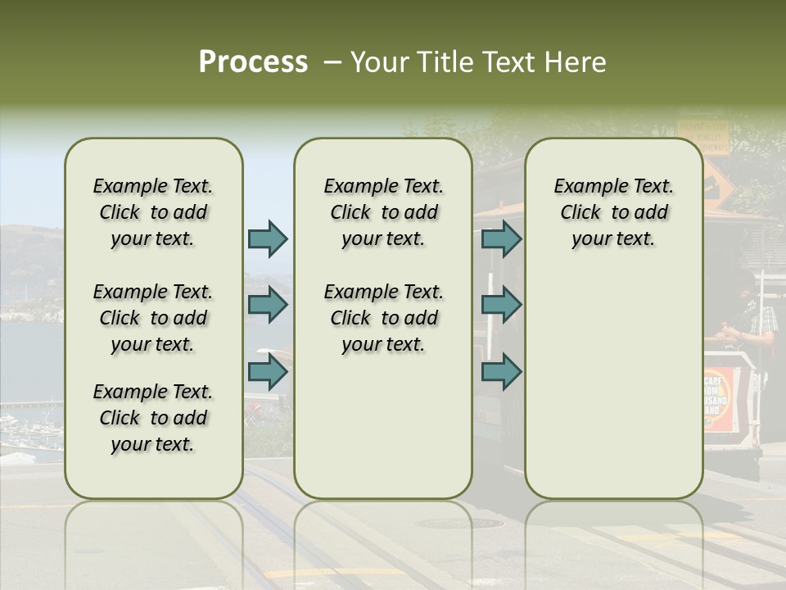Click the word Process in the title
253,62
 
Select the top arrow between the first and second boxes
268,239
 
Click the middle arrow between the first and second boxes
268,306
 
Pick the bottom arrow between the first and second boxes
268,371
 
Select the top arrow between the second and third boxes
501,239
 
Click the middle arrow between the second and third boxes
501,306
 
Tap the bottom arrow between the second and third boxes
501,371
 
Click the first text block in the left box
153,212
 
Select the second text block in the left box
153,318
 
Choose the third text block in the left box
153,418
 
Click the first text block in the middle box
383,212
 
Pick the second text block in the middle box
383,318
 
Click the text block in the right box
613,212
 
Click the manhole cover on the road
459,523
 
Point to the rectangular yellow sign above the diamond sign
702,136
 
